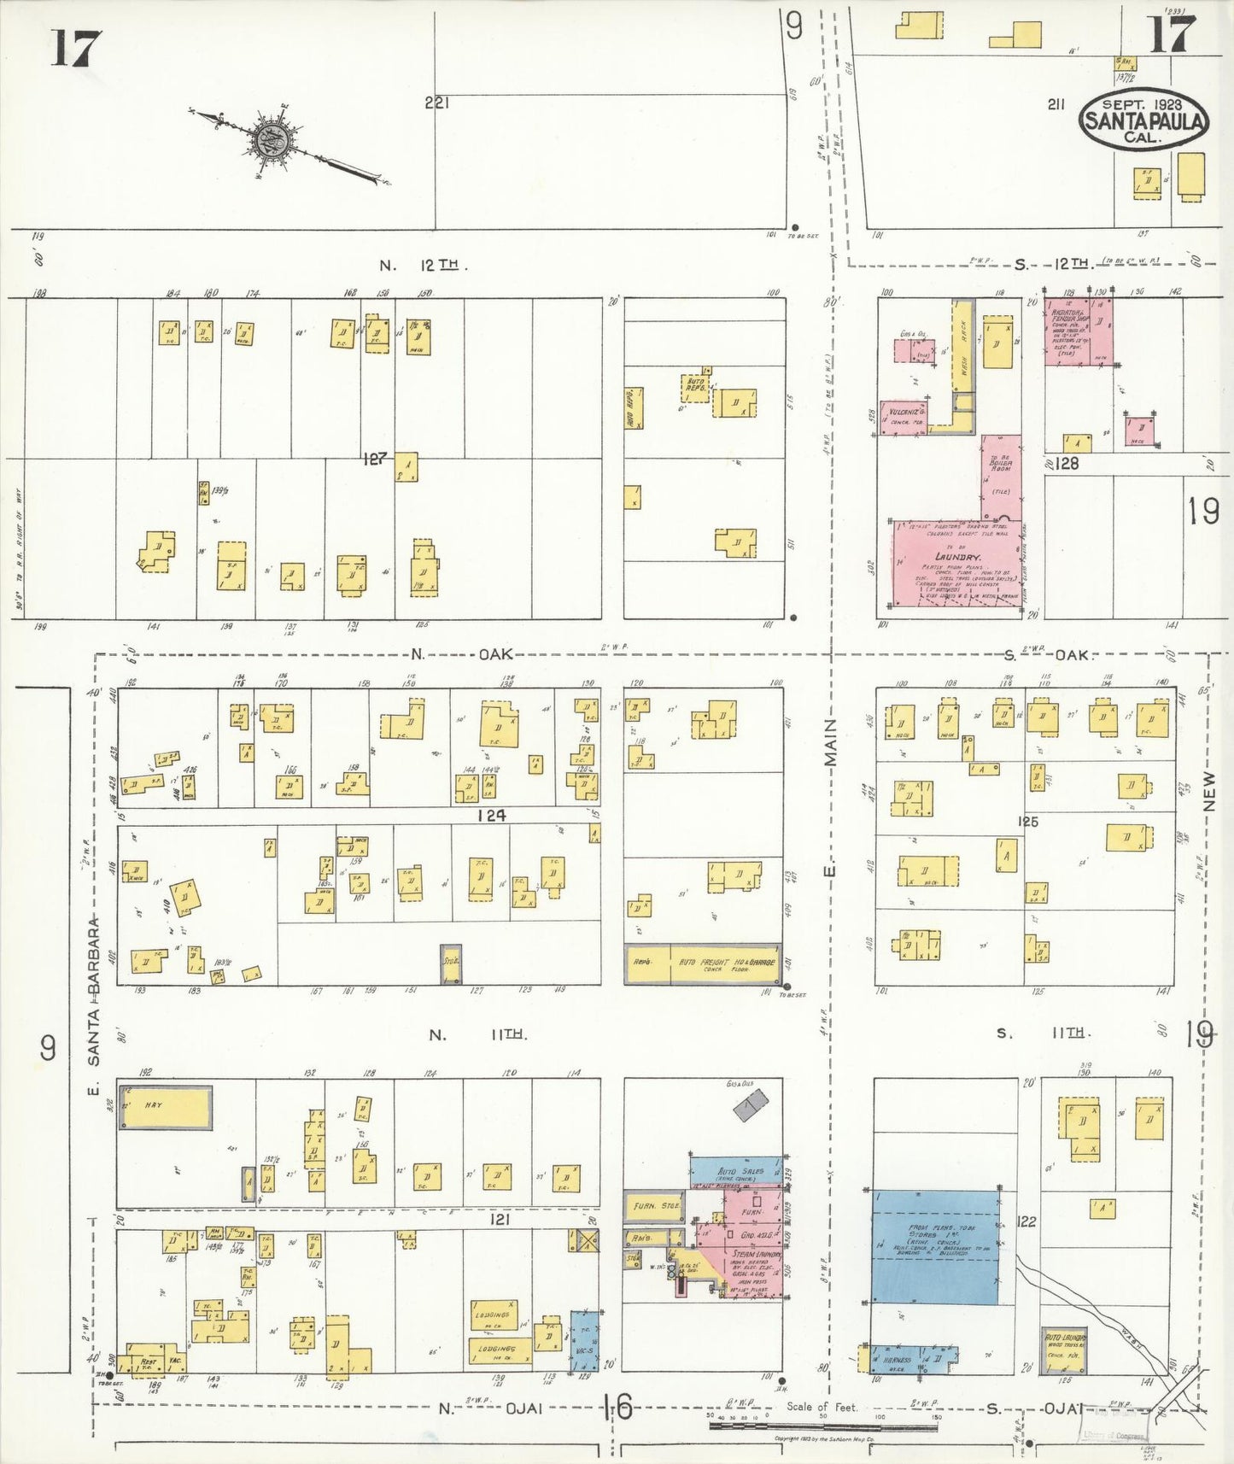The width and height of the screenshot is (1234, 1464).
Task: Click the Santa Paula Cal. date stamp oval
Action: (1143, 120)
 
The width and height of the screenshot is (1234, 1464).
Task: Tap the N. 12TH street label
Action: (418, 266)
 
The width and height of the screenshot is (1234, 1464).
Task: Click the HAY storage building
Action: (165, 1107)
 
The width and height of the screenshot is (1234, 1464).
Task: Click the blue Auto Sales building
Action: (735, 1171)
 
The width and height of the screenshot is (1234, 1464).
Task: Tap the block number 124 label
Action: (491, 815)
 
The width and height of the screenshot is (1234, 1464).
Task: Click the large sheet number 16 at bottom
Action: (617, 1405)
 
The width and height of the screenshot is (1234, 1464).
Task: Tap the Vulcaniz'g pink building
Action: (904, 417)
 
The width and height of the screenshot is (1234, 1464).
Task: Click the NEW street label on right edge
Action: (1208, 792)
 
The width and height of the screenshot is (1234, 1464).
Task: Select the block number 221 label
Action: (436, 103)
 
